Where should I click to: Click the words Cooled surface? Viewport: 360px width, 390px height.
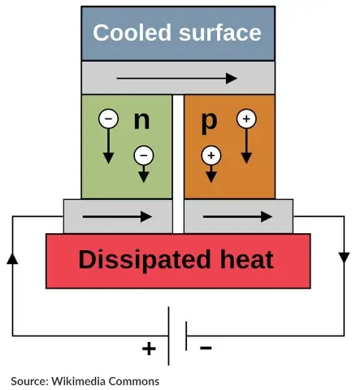177,32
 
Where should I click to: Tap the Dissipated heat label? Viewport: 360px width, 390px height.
176,260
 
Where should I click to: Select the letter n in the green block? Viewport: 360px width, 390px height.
142,119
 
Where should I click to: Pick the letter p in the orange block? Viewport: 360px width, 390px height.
210,120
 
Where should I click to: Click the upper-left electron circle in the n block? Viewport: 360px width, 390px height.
108,119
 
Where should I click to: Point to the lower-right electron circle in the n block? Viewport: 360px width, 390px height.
143,153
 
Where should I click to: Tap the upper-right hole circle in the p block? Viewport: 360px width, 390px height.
245,119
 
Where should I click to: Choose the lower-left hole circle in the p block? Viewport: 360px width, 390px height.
211,153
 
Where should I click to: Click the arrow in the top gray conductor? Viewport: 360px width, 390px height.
176,79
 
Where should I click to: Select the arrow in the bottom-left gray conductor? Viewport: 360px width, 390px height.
117,217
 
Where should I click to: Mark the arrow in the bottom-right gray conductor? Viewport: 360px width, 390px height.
237,217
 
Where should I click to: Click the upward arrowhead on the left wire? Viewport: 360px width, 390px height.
12,258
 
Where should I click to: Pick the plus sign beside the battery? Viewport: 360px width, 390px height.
149,349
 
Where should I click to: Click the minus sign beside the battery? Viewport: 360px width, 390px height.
206,349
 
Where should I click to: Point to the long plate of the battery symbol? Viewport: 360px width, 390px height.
169,336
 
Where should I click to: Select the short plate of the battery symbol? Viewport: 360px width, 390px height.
186,336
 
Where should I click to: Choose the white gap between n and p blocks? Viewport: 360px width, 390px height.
178,146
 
